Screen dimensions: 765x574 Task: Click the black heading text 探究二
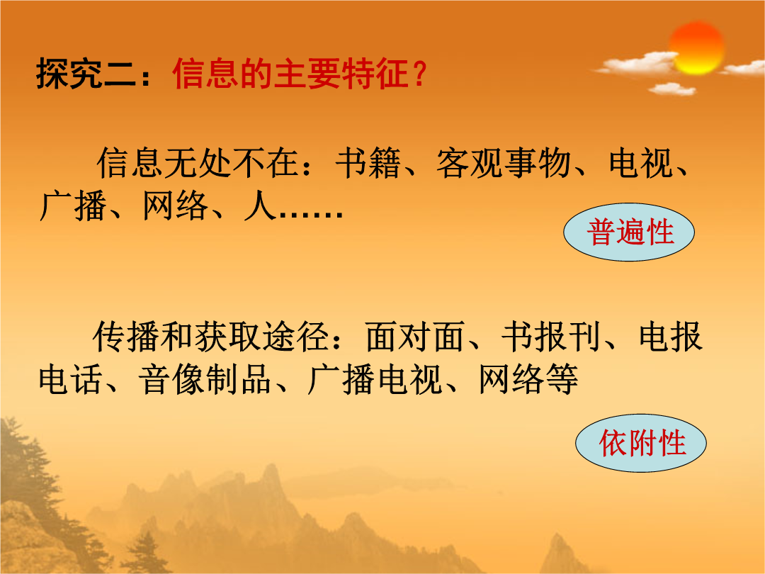[x=86, y=74]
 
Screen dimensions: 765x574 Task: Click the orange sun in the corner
[x=696, y=48]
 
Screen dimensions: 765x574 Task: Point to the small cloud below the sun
[x=671, y=89]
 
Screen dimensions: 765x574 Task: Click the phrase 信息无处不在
[x=198, y=162]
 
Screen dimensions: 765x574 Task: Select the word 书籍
[x=368, y=162]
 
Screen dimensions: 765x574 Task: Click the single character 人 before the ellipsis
[x=259, y=206]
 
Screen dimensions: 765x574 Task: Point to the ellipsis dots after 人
[x=310, y=214]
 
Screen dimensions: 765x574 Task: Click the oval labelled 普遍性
[x=629, y=232]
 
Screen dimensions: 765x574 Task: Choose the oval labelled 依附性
[x=641, y=443]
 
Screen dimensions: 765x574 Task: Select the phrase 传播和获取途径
[x=210, y=337]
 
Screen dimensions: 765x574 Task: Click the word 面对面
[x=414, y=337]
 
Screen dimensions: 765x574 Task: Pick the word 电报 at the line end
[x=671, y=337]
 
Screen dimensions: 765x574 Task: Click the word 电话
[x=70, y=379]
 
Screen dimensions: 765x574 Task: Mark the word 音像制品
[x=205, y=379]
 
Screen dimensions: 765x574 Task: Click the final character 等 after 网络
[x=562, y=379]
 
